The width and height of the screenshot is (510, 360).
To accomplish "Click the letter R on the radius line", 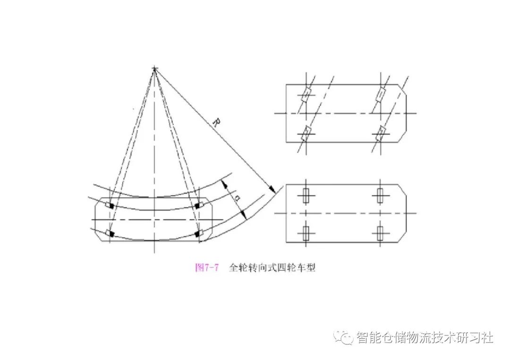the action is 215,123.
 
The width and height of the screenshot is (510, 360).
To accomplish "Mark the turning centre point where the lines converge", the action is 154,70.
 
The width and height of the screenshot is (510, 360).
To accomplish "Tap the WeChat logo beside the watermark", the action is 344,337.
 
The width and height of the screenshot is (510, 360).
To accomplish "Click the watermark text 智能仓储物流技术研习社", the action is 425,337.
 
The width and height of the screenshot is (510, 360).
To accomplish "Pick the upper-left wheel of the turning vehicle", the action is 111,206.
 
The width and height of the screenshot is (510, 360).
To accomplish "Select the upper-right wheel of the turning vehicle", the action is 198,205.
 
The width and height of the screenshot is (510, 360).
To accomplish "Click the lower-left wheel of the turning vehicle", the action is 111,234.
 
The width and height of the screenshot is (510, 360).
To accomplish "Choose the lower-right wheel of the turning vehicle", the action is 198,233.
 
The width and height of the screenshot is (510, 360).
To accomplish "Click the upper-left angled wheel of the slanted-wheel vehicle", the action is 306,94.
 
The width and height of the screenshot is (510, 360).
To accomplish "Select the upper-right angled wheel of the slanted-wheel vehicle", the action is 380,94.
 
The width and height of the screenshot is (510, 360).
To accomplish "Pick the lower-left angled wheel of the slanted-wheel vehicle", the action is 306,132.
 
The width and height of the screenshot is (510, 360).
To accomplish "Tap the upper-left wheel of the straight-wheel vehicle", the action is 306,195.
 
